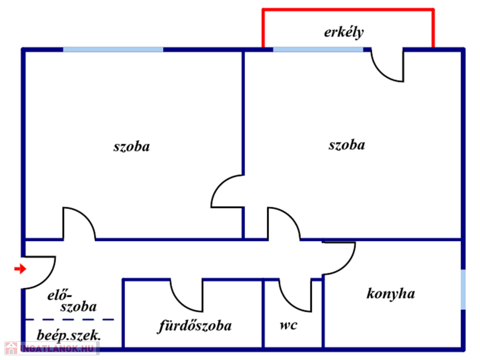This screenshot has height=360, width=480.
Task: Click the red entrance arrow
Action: [x=20, y=269]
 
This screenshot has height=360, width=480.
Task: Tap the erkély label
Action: [x=344, y=32]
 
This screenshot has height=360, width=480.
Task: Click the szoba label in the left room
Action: [x=132, y=146]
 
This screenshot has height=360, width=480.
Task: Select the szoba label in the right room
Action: [x=347, y=145]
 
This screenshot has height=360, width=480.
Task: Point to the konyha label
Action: [x=390, y=293]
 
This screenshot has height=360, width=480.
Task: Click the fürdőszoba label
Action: [x=195, y=326]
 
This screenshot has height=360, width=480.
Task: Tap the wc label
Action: [x=288, y=325]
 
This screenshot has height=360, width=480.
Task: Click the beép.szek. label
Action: [x=68, y=336]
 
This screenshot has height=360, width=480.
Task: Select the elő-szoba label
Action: [x=72, y=301]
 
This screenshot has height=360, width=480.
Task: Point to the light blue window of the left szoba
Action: [x=113, y=50]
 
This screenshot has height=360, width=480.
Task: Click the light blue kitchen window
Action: [x=463, y=289]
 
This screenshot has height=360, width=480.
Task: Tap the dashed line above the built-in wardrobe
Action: [x=69, y=320]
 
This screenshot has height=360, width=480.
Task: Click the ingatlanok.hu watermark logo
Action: [x=51, y=348]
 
